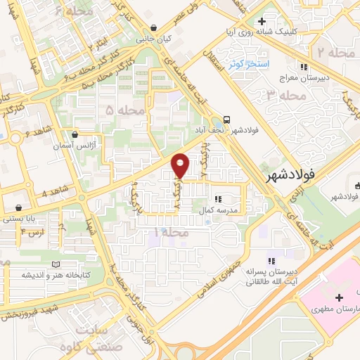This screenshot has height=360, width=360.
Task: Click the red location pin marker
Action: coord(181,165)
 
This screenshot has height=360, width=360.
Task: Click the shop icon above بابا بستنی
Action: coord(27,208)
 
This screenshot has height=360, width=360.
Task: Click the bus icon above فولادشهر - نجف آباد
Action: coord(226,119)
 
